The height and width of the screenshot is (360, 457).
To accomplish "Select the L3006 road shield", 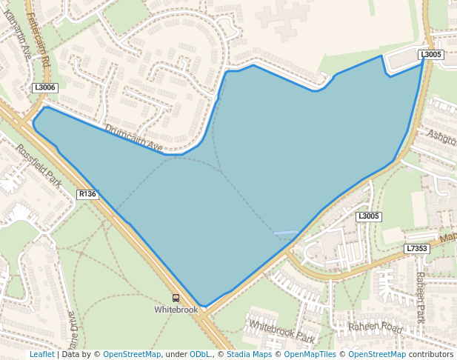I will click(x=45, y=87).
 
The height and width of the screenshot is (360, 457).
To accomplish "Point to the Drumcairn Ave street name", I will click(x=133, y=138).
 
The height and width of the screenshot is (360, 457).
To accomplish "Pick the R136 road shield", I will click(x=87, y=194).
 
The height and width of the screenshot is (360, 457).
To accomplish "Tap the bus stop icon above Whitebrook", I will click(x=176, y=298).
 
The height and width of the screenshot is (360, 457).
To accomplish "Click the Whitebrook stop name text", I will click(x=176, y=309).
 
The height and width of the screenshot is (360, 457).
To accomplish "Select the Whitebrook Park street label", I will click(x=282, y=330).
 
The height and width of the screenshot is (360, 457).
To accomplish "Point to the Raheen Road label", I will click(x=377, y=327).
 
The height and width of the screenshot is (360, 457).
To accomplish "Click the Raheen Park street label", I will click(x=420, y=297).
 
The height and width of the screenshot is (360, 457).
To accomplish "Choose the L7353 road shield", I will click(x=417, y=249).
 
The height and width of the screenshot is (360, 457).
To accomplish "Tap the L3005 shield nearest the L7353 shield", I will click(x=368, y=216).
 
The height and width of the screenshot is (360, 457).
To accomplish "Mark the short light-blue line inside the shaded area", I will click(x=286, y=233).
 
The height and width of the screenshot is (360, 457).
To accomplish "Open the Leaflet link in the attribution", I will click(x=42, y=354).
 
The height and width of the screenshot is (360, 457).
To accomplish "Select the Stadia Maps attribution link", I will click(x=249, y=354).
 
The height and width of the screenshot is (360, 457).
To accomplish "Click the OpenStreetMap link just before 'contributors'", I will click(x=377, y=354).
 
